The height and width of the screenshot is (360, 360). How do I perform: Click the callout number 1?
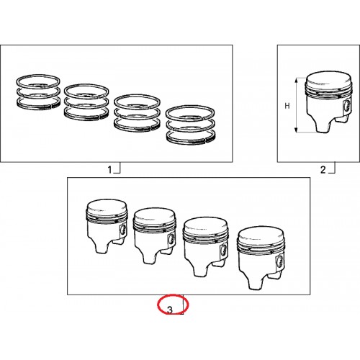[x=109, y=170]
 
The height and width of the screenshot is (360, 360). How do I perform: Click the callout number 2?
[x=323, y=170]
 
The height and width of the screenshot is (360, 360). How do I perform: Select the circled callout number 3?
[x=170, y=310]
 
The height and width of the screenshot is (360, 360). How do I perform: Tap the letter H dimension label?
[x=287, y=106]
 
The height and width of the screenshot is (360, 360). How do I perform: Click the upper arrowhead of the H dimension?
[x=297, y=81]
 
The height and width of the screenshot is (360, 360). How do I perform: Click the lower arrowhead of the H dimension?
[x=297, y=130]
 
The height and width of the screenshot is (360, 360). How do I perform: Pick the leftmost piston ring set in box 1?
[x=38, y=91]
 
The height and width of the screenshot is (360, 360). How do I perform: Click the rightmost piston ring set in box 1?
[x=190, y=125]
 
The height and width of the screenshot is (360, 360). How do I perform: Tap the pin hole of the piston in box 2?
[x=346, y=106]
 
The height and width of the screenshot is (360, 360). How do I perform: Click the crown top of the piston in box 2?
[x=328, y=78]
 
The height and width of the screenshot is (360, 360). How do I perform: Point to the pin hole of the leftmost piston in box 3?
[x=123, y=230]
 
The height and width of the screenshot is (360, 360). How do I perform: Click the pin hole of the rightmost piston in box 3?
[x=280, y=261]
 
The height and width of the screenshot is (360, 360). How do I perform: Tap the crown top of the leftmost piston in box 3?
[x=107, y=207]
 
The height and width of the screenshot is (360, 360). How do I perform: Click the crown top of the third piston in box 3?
[x=205, y=225]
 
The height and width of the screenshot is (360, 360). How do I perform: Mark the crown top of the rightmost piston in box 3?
[x=261, y=234]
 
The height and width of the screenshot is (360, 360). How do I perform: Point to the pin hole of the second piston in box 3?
[x=171, y=240]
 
